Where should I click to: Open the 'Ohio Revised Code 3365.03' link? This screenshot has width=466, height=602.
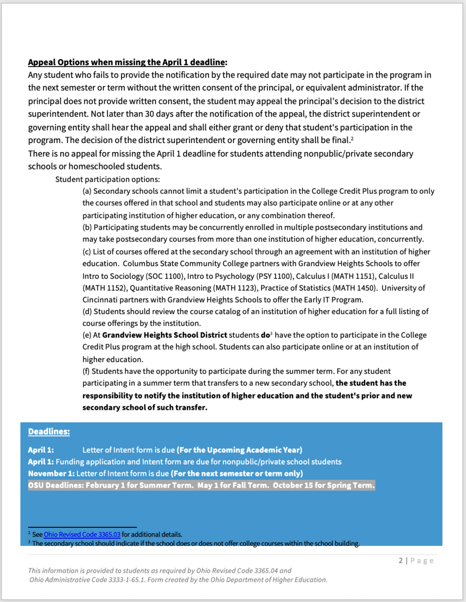(x=82, y=535)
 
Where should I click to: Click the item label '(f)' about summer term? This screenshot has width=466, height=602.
(x=87, y=371)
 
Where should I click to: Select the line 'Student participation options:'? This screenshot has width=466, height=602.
(x=107, y=179)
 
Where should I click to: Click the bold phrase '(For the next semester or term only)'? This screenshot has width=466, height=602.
(x=237, y=474)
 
